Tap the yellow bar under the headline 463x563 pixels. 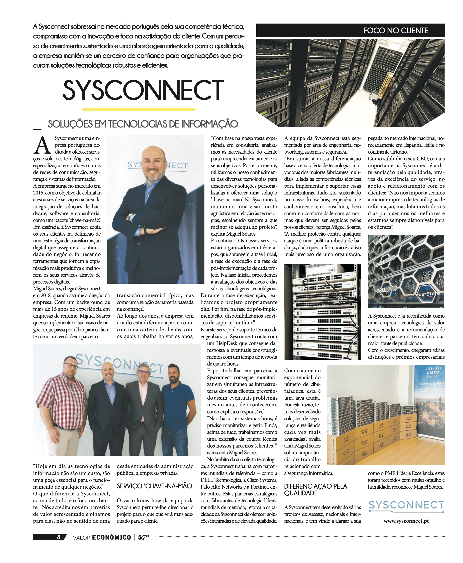(139, 109)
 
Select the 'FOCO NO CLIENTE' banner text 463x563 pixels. (396, 30)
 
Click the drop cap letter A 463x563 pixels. (42, 145)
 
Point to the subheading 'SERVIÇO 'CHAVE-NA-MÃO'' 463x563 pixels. (155, 486)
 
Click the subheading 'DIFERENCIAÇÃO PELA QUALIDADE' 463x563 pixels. (315, 490)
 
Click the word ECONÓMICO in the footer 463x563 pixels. (111, 537)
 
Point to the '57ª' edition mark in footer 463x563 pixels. (143, 537)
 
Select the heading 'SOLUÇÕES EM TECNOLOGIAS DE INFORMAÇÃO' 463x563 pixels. (143, 124)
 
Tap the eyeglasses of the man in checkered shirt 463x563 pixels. (71, 366)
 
